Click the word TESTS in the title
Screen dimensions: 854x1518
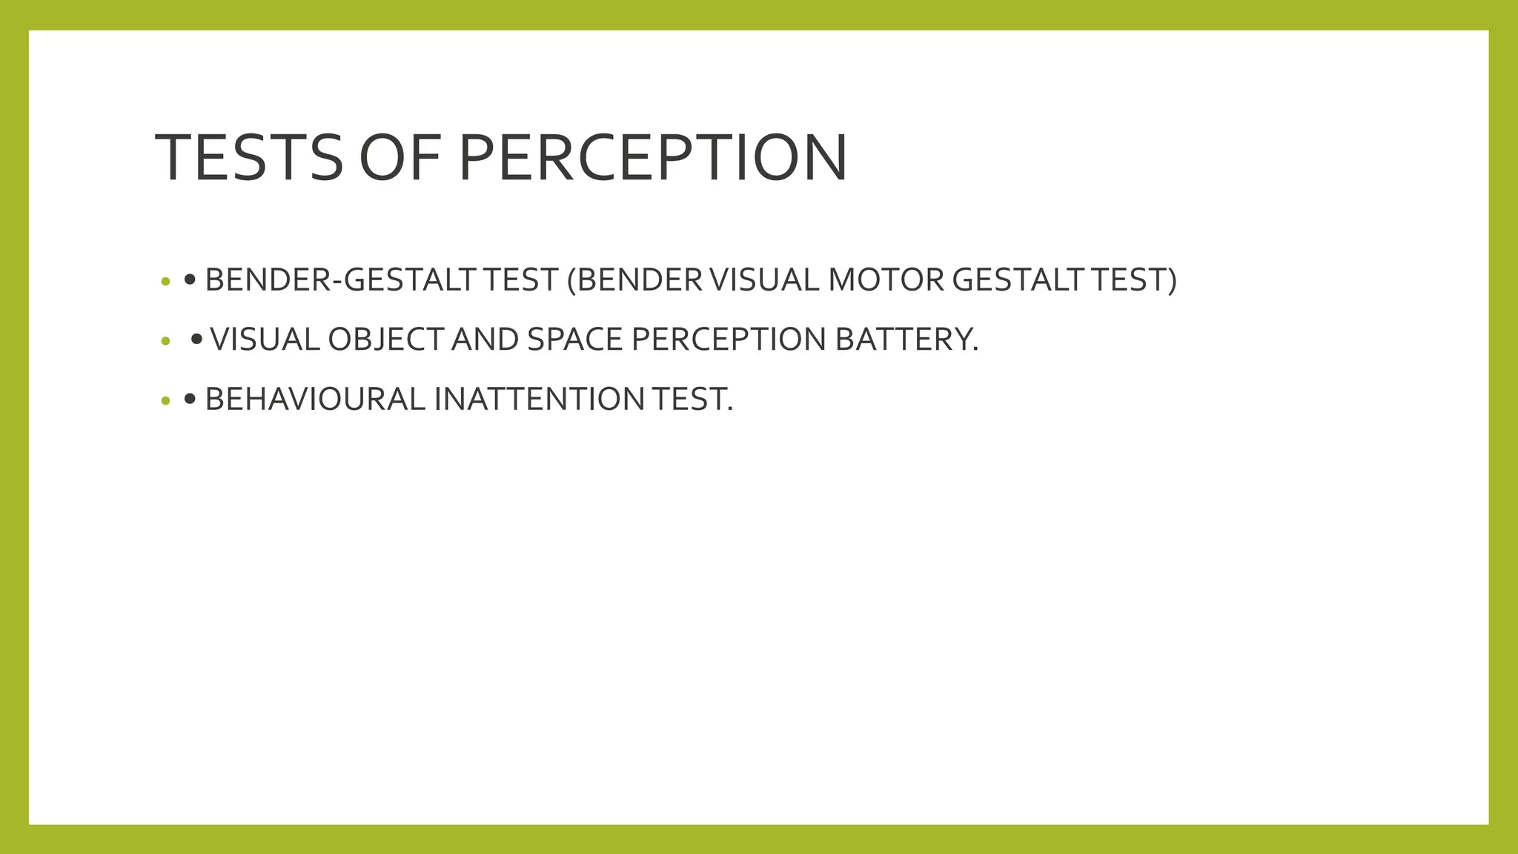coord(249,157)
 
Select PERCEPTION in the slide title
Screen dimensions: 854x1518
coord(652,157)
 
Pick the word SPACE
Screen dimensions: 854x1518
coord(574,340)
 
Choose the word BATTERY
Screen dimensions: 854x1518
coord(906,340)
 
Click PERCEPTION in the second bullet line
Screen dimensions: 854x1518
coord(728,340)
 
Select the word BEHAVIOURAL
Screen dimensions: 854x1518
coord(315,400)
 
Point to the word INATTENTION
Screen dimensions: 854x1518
coord(539,400)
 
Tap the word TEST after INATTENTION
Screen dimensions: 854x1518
coord(692,400)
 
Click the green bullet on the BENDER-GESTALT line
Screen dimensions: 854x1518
coord(165,282)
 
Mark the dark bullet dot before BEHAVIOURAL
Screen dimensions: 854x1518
coord(190,400)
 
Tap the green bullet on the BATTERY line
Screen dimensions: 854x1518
coord(165,342)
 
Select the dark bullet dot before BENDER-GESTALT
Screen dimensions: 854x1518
coord(190,280)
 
